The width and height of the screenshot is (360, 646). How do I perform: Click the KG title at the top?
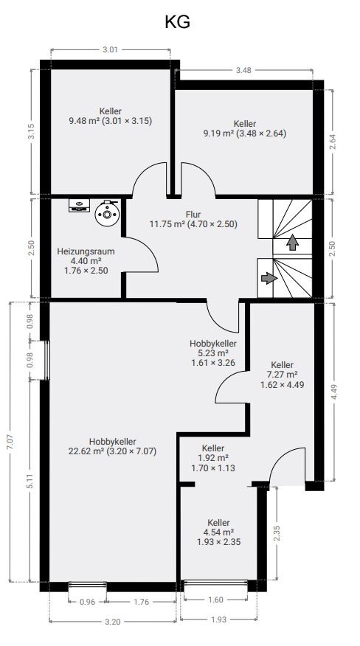[177, 22]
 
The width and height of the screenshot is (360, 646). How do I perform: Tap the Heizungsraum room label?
[86, 251]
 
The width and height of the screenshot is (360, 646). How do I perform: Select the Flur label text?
[193, 215]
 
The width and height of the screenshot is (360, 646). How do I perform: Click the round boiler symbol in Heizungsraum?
[107, 212]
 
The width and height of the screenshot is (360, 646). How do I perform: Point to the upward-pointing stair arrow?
[292, 242]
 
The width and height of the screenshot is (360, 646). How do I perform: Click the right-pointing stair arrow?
[269, 278]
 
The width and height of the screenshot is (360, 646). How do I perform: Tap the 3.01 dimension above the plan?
[110, 50]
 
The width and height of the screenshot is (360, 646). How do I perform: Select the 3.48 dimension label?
[243, 70]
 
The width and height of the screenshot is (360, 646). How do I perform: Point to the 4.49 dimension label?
[334, 392]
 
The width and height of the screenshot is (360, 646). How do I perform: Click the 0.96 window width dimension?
[88, 602]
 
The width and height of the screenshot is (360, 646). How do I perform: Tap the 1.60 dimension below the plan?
[215, 600]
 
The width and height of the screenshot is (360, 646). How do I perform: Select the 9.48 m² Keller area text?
[111, 121]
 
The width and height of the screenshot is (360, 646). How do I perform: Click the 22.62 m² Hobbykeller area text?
[112, 451]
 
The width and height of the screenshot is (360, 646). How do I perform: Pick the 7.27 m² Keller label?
[283, 375]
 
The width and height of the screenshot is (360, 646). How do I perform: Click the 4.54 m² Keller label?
[219, 532]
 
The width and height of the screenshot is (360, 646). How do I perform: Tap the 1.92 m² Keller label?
[213, 458]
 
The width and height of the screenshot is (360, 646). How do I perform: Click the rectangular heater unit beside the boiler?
[79, 205]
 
